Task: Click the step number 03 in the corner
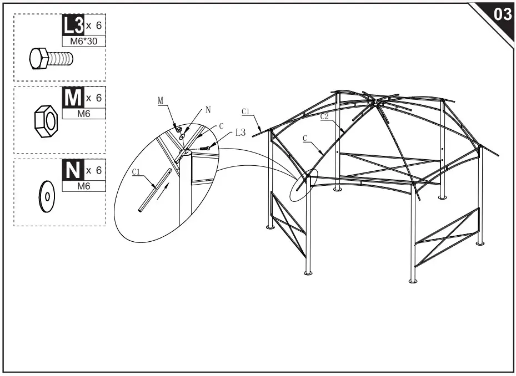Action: pos(502,14)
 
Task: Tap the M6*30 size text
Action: pos(83,42)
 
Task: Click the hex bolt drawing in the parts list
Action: pos(51,58)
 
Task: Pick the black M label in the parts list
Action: pos(73,98)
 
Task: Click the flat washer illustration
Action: pos(45,196)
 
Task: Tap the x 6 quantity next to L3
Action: pos(94,26)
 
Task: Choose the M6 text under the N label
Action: pos(83,187)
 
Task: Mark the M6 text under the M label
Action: pos(83,114)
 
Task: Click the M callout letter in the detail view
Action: pos(161,100)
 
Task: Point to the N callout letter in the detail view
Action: pos(208,110)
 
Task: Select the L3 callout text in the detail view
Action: pos(240,133)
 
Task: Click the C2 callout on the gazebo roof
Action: pos(325,116)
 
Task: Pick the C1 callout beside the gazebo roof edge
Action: pos(246,111)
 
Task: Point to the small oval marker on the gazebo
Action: pos(304,182)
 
